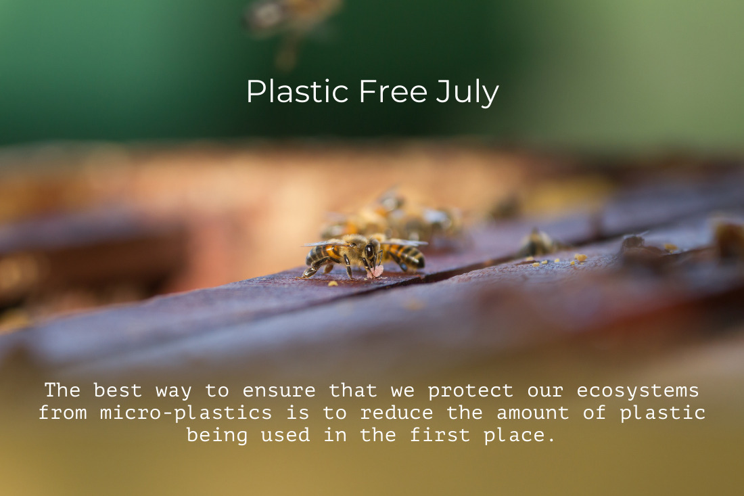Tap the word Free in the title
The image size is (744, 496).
click(394, 91)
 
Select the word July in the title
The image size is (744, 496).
click(467, 93)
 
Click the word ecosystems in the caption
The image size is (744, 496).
click(638, 391)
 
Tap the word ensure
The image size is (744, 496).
click(279, 391)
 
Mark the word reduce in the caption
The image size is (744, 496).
click(396, 413)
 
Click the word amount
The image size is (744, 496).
click(532, 413)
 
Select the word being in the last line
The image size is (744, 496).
click(217, 436)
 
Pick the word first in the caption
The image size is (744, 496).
click(440, 435)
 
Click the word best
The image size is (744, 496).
click(118, 390)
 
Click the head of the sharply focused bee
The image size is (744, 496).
click(371, 252)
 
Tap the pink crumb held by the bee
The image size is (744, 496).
click(376, 272)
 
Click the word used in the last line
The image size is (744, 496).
click(285, 435)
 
